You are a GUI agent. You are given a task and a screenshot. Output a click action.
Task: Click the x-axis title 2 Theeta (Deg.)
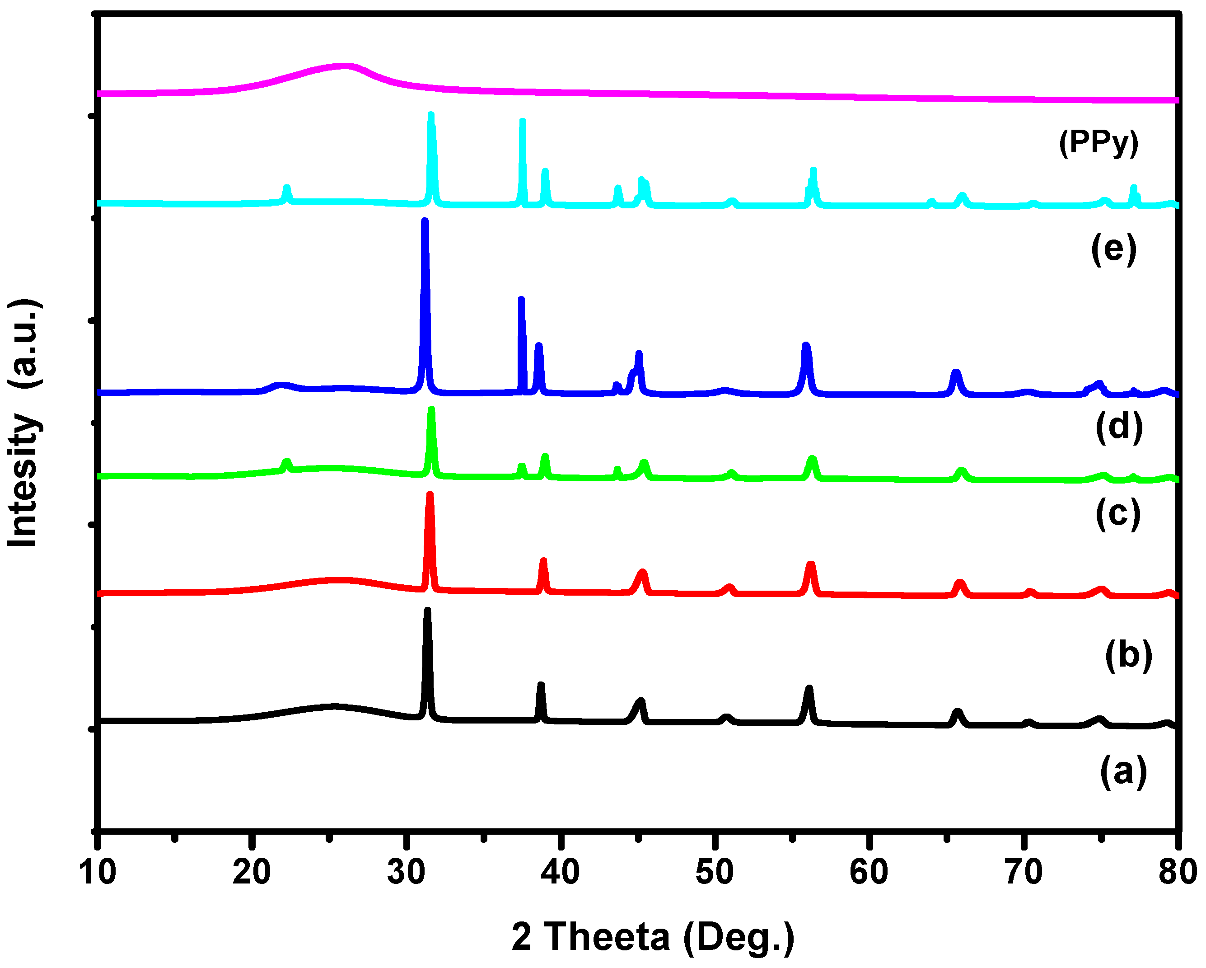(653, 937)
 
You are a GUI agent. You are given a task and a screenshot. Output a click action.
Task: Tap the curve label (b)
(1128, 655)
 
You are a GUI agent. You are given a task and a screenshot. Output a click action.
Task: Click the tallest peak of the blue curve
(425, 221)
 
